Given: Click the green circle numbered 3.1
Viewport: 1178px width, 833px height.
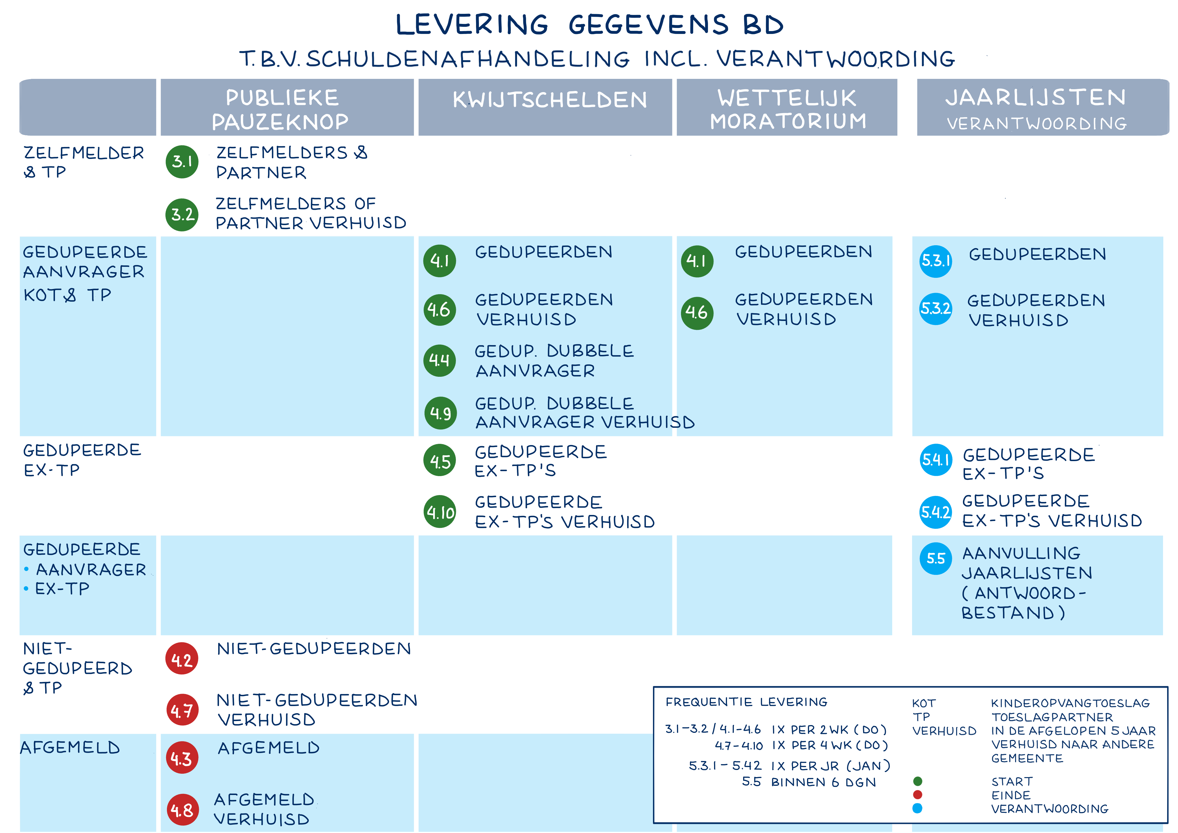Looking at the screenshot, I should tap(182, 162).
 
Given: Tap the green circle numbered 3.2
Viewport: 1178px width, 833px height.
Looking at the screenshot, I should tap(182, 214).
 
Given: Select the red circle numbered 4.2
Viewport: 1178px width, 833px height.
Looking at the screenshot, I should tap(182, 659).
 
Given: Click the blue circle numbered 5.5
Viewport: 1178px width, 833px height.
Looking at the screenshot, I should tap(935, 558).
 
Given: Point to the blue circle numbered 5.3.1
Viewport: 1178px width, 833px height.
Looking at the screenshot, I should tap(935, 261).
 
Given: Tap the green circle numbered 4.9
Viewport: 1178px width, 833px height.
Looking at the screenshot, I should tap(440, 413).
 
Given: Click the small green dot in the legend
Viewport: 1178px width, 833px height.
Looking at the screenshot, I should tap(918, 781).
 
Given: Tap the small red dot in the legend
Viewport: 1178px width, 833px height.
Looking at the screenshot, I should tap(918, 794).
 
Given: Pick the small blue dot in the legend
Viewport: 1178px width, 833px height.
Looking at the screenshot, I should tap(918, 808).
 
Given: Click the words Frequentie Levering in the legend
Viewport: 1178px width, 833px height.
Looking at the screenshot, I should tap(747, 702).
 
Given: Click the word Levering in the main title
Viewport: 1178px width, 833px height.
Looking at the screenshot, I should tap(472, 25).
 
